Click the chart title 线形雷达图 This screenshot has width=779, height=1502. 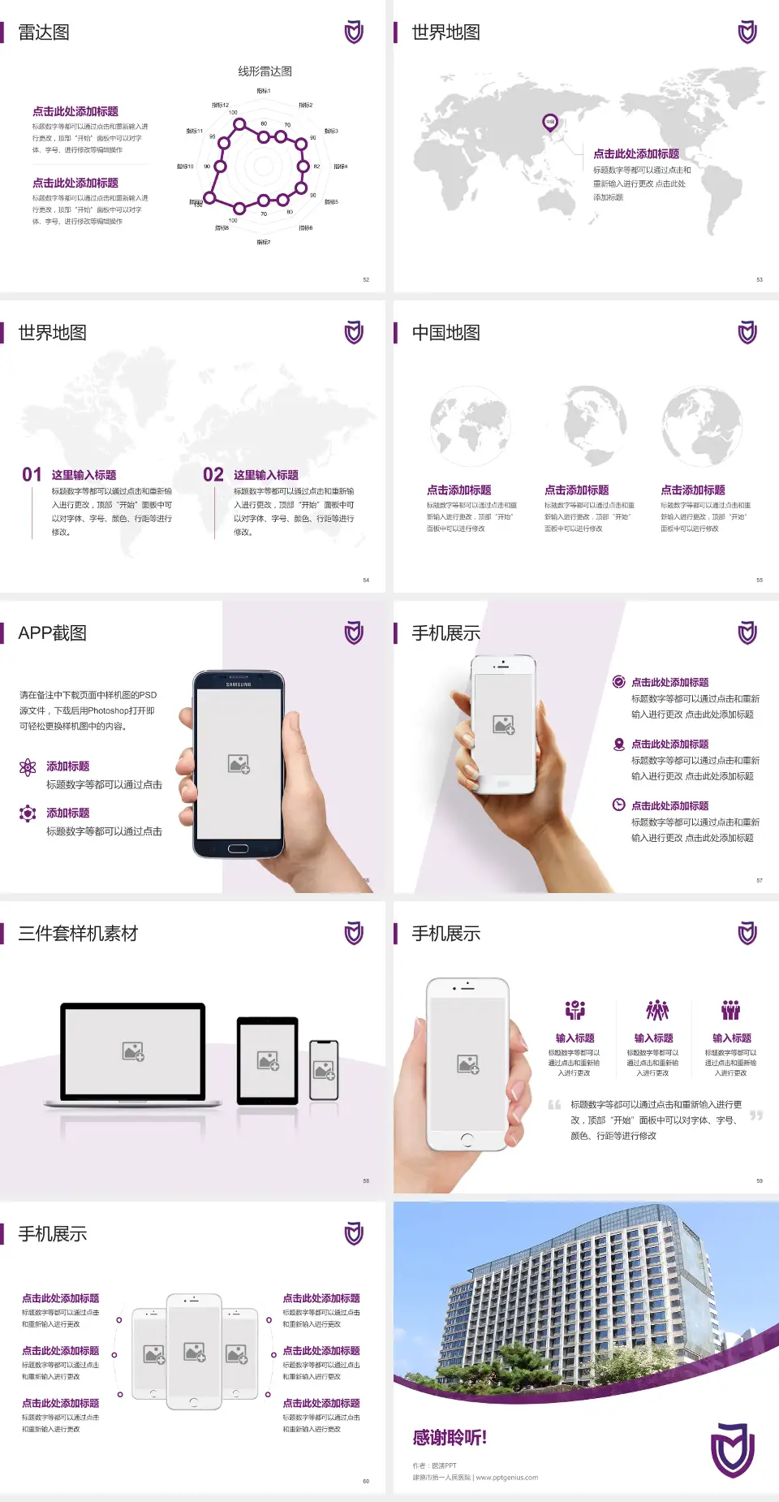(x=265, y=71)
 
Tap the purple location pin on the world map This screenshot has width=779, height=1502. (x=550, y=123)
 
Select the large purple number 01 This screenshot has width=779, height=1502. (x=32, y=475)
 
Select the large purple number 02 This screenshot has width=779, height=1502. (x=213, y=475)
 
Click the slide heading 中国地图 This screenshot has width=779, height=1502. (x=445, y=333)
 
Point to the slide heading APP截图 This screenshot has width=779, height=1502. (x=52, y=633)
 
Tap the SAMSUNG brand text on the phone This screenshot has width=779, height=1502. (x=239, y=684)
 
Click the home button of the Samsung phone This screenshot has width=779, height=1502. (x=238, y=848)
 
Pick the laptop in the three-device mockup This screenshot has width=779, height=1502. (x=133, y=1054)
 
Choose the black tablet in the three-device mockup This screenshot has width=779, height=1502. (x=268, y=1060)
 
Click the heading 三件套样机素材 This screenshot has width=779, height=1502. (x=78, y=934)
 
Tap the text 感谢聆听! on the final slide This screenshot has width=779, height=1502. (x=450, y=1438)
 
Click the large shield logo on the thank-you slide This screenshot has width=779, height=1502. (x=733, y=1449)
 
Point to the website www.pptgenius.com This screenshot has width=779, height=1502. (x=507, y=1478)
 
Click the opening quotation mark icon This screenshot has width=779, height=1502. (x=554, y=1105)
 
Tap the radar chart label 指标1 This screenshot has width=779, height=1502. (x=264, y=91)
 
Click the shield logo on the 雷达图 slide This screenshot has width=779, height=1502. (x=354, y=32)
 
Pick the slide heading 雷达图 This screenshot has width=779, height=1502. (x=44, y=32)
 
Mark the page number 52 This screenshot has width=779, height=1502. (x=366, y=279)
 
